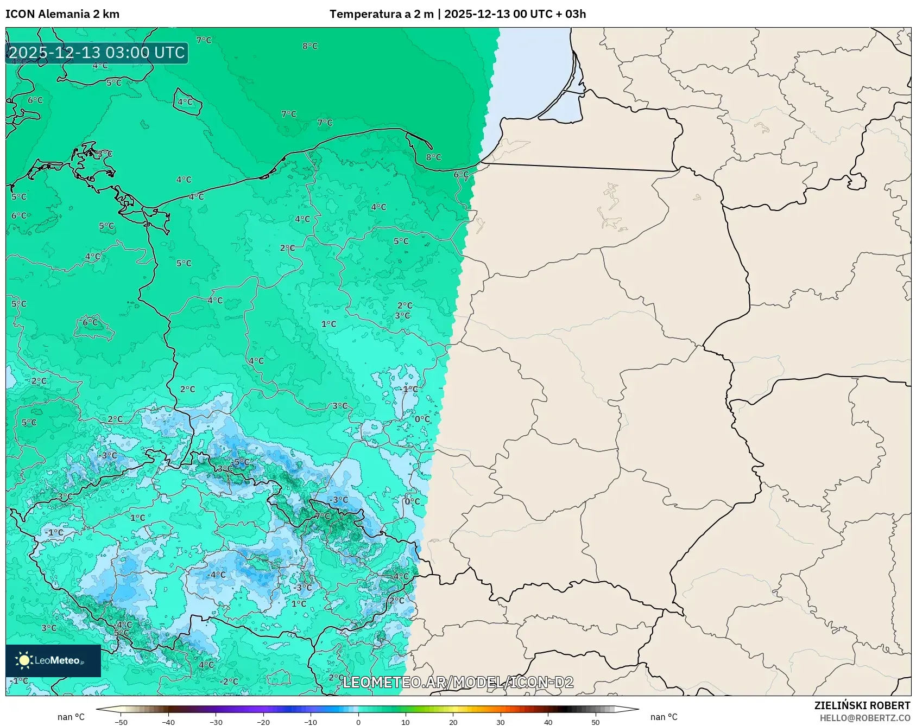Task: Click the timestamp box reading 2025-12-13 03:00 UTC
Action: (97, 53)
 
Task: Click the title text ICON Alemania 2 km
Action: (62, 14)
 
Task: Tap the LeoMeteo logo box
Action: (53, 660)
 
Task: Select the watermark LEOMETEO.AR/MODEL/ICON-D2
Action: (458, 682)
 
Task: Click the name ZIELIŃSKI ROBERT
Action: (862, 705)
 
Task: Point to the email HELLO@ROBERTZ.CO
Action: (864, 718)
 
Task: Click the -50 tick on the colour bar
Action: (121, 722)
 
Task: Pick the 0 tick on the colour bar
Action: (358, 722)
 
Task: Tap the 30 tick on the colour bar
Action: (500, 722)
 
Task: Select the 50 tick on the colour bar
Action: (595, 722)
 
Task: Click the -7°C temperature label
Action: (323, 516)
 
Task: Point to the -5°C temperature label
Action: (242, 462)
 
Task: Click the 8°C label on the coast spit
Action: (433, 157)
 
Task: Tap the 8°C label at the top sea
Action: (310, 46)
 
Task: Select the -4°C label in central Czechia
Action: (216, 575)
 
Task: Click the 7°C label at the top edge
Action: (204, 40)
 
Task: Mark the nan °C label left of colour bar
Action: (71, 717)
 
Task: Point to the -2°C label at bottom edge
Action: (229, 682)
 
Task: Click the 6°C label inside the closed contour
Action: (90, 322)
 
